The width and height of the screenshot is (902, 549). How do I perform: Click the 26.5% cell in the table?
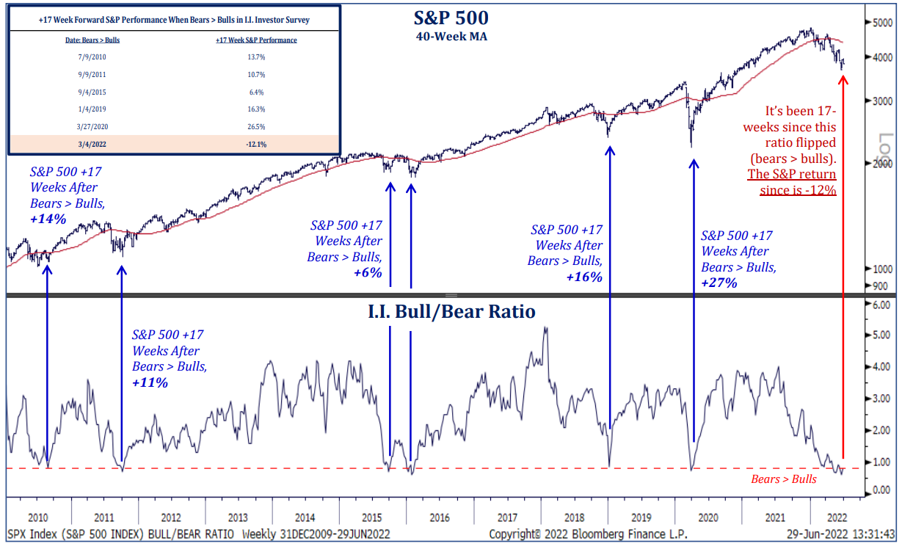pos(256,126)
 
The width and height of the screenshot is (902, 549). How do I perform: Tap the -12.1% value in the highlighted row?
pos(256,144)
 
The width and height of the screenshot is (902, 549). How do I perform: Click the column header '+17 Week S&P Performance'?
pos(256,40)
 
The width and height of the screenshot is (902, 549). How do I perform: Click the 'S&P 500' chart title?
pos(451,18)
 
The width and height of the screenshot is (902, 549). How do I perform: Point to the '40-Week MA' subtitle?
pos(451,36)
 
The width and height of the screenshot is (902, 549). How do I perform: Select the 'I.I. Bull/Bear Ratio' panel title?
pos(451,312)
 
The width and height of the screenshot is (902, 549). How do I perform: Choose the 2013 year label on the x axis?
pos(237,517)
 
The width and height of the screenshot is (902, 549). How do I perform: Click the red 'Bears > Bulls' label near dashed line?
pos(783,479)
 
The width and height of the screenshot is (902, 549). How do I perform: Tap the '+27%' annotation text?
pos(719,283)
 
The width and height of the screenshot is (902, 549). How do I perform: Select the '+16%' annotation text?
pos(584,277)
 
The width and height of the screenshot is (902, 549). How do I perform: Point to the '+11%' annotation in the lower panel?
pos(150,382)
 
